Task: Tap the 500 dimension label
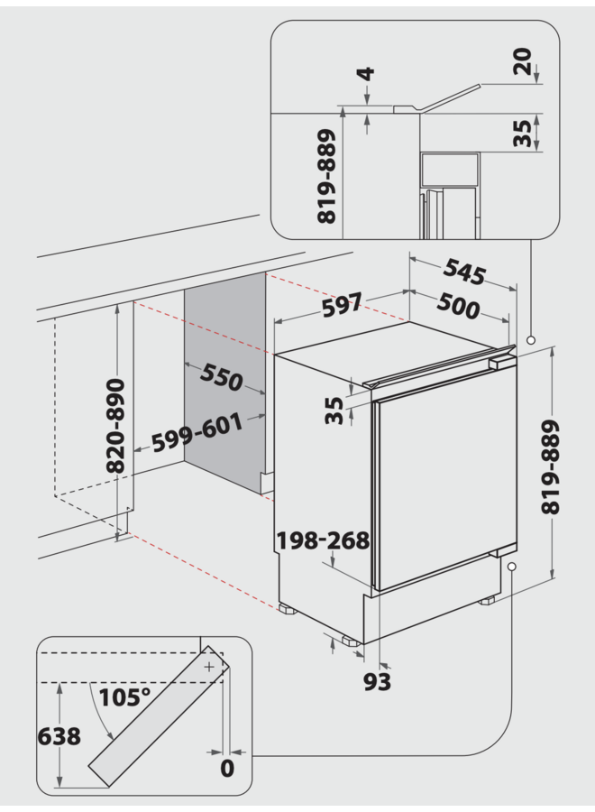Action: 459,308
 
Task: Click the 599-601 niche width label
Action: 197,433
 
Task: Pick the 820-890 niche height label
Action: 114,427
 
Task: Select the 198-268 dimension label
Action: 324,540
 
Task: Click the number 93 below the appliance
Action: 378,683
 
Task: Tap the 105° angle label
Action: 125,697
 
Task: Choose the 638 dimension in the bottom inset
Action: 59,736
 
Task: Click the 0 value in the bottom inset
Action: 226,769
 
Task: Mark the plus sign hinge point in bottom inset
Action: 209,667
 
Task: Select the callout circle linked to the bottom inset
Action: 511,567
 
